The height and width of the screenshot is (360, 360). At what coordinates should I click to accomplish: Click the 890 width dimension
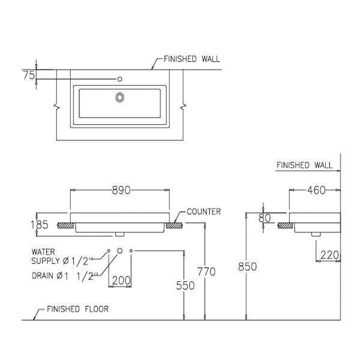pos(121,190)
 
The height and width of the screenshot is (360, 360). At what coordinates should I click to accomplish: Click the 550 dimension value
pos(185,286)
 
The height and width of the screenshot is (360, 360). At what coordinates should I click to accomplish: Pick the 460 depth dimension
pos(316,190)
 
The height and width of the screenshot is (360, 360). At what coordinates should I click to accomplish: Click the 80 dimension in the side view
pos(265,218)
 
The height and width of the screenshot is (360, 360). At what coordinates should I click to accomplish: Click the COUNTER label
pos(204,212)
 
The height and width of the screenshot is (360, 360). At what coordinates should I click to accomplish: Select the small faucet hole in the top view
pos(120,79)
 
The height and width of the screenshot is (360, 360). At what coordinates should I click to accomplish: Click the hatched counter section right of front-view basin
pos(175,226)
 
